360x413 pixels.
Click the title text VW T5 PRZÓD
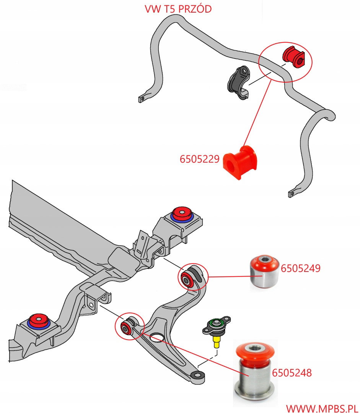coord(178,9)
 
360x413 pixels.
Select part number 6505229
coord(200,159)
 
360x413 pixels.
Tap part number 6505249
coord(301,268)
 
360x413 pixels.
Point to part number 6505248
coord(292,372)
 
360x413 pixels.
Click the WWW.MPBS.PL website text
coord(322,407)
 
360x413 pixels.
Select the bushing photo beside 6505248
coord(255,371)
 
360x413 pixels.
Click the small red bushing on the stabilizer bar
coord(293,56)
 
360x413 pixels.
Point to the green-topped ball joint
coord(217,326)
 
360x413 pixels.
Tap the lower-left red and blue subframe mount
coord(38,321)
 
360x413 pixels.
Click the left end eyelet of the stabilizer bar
coord(142,99)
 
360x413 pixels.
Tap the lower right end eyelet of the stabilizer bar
coord(293,193)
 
